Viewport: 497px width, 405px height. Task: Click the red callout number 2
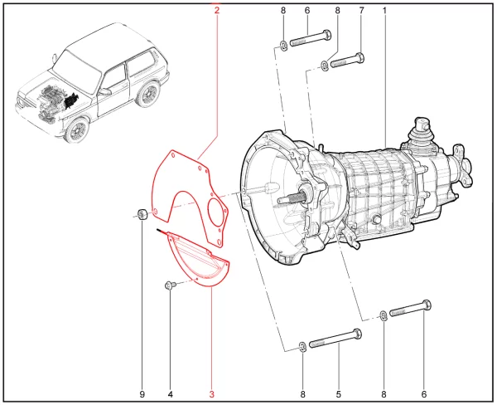217,11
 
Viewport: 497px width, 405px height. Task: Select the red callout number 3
212,394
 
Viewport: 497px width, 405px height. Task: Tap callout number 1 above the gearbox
384,11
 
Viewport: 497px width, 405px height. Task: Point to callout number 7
362,11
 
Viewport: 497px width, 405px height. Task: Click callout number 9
142,394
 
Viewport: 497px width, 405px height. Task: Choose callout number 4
170,394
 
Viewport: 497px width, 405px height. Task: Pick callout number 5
339,394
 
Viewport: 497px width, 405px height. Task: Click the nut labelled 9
142,214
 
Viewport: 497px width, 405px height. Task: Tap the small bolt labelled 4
170,285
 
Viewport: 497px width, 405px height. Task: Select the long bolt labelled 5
335,339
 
